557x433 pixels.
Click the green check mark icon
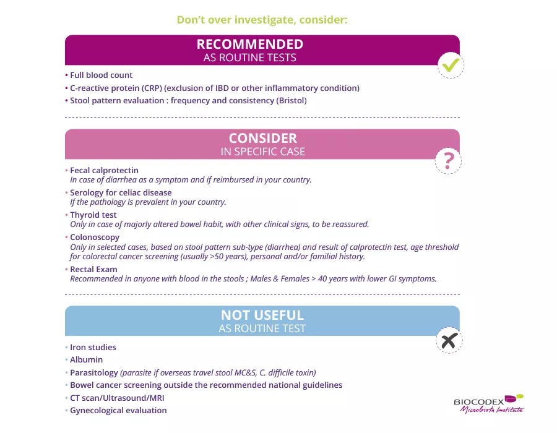coord(451,64)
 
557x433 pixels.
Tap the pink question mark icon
coord(449,161)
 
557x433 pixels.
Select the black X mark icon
coord(449,340)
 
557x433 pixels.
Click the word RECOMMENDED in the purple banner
coord(250,45)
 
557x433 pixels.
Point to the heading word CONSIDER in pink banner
coord(263,139)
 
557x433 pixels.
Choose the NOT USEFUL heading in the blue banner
coord(262,315)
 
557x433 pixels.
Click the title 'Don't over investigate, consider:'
coord(262,20)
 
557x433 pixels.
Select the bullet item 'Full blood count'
coord(101,75)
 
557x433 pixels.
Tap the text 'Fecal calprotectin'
coord(104,170)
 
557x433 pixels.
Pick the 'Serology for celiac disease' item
coord(121,192)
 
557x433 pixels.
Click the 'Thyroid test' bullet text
coord(93,215)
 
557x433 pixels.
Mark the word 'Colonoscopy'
coord(95,237)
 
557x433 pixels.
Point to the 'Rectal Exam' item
coord(93,269)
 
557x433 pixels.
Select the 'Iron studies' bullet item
coord(93,348)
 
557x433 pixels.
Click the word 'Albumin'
coord(87,360)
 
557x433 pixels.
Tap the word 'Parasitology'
coord(94,372)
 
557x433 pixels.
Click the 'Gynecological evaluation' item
coord(118,410)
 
